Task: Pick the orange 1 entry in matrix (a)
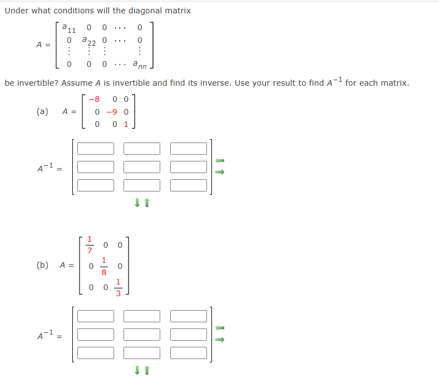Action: click(126, 124)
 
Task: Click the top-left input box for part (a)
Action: click(96, 149)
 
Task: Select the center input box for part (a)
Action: click(142, 167)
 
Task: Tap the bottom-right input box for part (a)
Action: click(188, 185)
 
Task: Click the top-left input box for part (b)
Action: click(96, 316)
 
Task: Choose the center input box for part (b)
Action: click(142, 335)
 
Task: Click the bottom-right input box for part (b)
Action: click(188, 352)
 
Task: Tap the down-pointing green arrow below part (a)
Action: click(137, 203)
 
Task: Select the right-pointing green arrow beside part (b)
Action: click(219, 338)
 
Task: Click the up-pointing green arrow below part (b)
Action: click(147, 371)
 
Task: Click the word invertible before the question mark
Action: click(34, 84)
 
